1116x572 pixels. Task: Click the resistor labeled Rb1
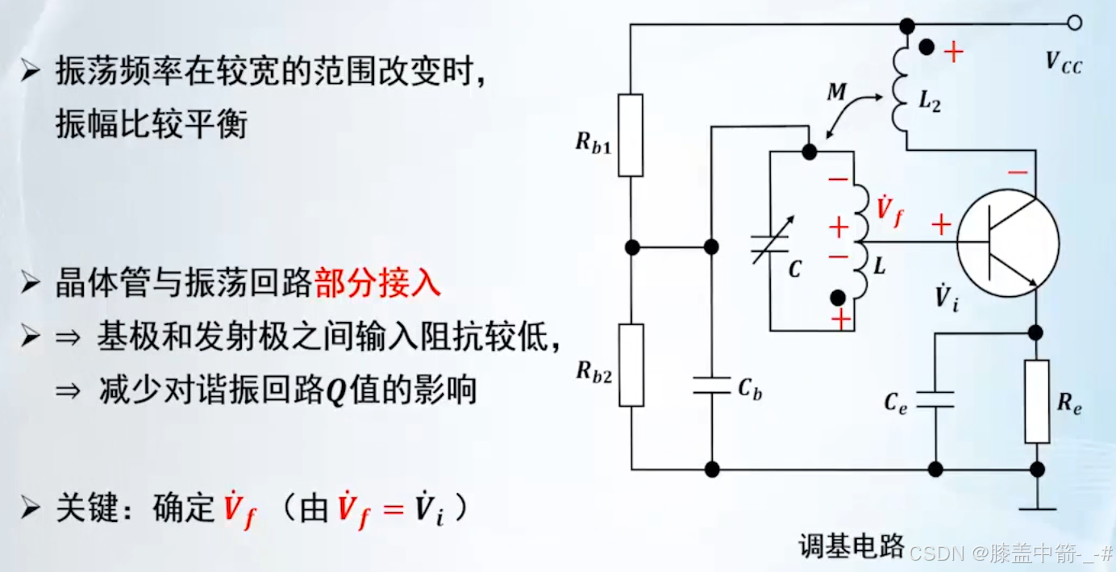pos(631,135)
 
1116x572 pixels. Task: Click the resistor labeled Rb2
pos(631,365)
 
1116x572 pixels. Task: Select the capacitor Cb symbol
pos(711,386)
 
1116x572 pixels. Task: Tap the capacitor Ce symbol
pos(935,400)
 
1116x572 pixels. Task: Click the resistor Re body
pos(1037,401)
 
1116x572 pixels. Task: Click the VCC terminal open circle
pos(1074,23)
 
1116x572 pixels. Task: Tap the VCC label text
pos(1063,62)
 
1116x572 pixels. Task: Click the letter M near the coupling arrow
pos(837,93)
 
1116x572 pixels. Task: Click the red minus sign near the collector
pos(1018,172)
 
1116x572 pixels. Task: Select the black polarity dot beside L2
pos(929,48)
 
